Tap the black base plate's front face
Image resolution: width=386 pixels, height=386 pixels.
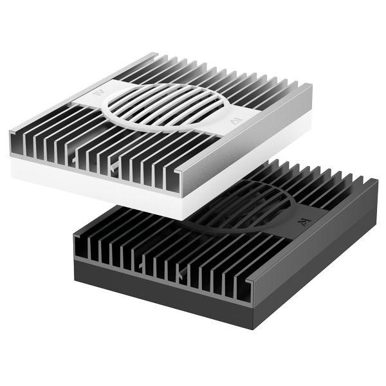161,283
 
